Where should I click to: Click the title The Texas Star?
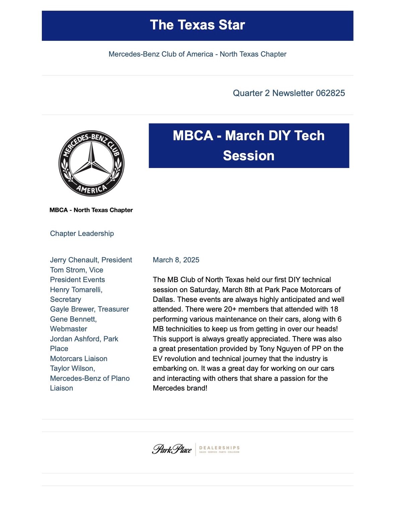(197, 25)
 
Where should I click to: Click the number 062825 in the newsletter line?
(330, 93)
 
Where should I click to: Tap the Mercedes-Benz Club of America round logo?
(91, 163)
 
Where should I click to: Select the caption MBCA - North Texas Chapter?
(91, 210)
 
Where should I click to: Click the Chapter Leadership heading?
(82, 234)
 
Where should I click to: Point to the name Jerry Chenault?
(74, 260)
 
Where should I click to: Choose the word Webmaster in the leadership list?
(69, 329)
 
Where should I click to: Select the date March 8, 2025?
(176, 260)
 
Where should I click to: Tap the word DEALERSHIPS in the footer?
(219, 448)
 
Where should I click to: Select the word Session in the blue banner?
(249, 156)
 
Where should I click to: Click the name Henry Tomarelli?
(76, 290)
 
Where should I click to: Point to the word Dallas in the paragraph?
(163, 300)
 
